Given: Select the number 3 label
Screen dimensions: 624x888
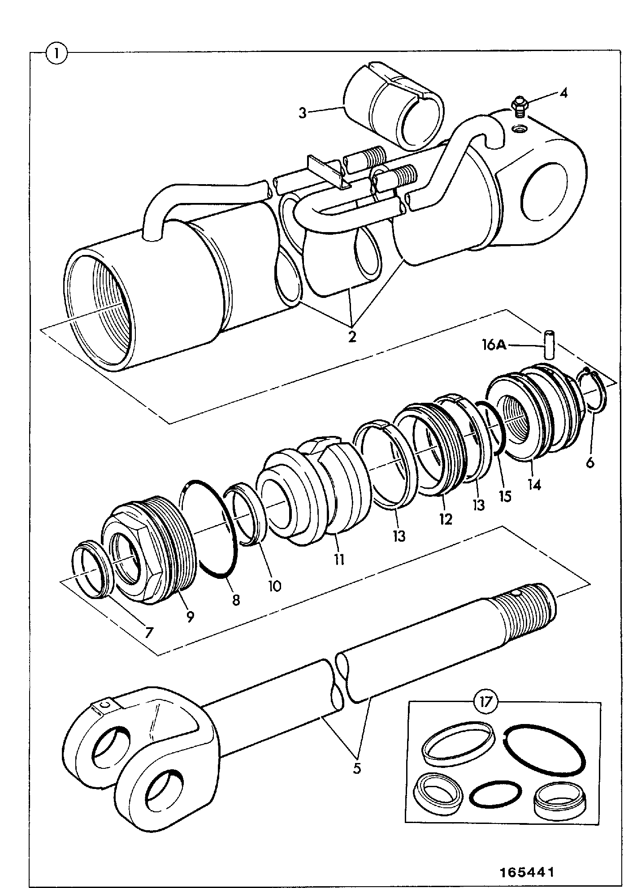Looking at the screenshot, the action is [303, 113].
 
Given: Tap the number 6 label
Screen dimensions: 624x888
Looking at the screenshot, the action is [590, 462].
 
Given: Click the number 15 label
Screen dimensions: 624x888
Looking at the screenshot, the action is [505, 496].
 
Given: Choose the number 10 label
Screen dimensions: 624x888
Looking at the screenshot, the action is [274, 586].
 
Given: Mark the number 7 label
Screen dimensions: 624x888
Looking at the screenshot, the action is [148, 632].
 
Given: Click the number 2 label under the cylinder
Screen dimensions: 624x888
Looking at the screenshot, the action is [352, 336].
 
